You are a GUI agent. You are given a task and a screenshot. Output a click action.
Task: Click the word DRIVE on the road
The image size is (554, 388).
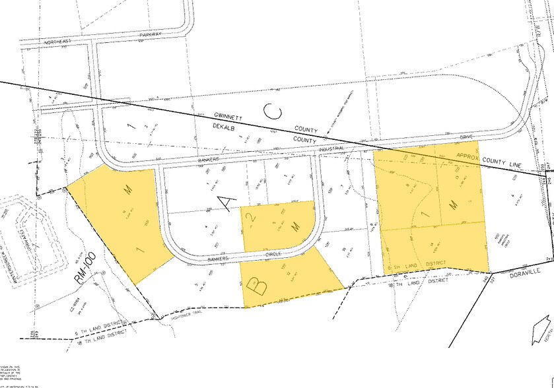coord(467,137)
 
